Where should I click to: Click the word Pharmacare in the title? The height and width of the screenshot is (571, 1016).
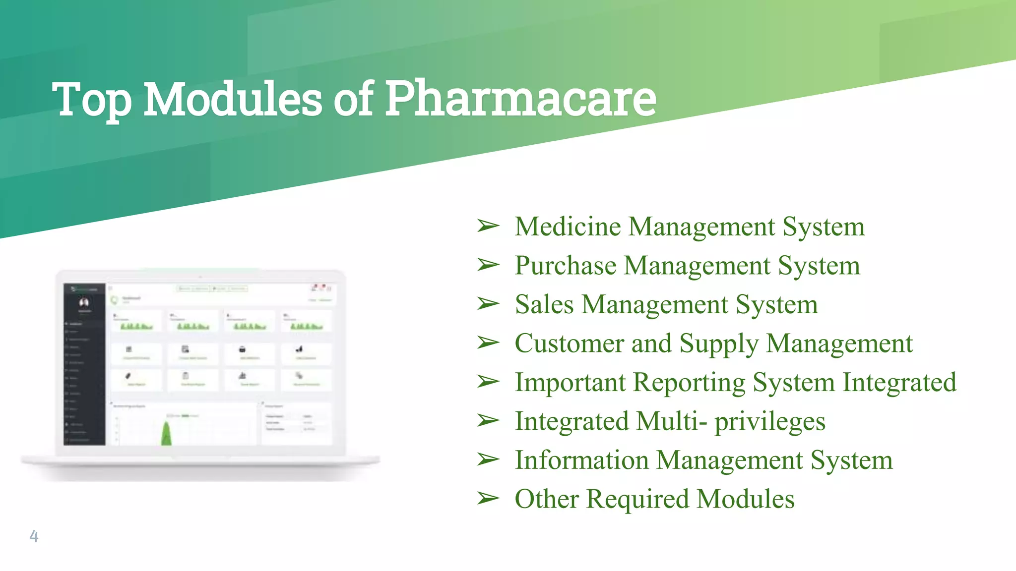(x=521, y=99)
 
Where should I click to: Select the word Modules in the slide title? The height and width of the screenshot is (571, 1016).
(x=233, y=99)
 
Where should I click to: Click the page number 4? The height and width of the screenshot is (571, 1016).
(x=34, y=536)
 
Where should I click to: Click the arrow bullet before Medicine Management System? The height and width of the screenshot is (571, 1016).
(x=488, y=226)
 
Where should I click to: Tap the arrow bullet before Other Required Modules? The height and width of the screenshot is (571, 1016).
(x=488, y=498)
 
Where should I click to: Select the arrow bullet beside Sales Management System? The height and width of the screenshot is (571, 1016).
(x=488, y=304)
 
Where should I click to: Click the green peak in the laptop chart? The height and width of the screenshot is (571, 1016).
(x=167, y=434)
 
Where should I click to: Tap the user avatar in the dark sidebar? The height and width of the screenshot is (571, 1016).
(x=84, y=302)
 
